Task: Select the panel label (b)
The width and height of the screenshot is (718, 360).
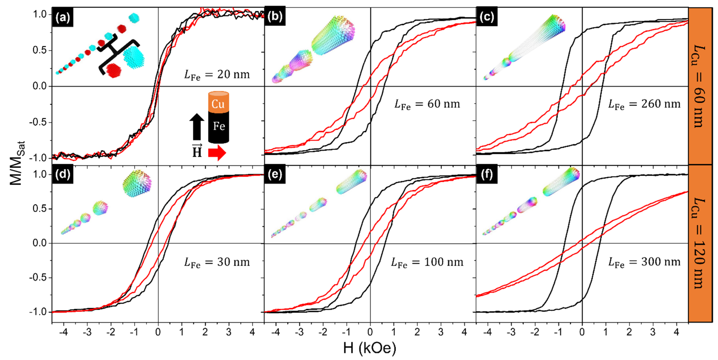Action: point(274,17)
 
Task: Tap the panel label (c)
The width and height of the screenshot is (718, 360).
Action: point(487,17)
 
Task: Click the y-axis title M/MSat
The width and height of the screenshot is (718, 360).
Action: point(17,163)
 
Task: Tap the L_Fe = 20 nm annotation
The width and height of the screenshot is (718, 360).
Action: point(217,75)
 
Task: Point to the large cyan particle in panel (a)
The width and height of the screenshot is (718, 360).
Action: point(134,57)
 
